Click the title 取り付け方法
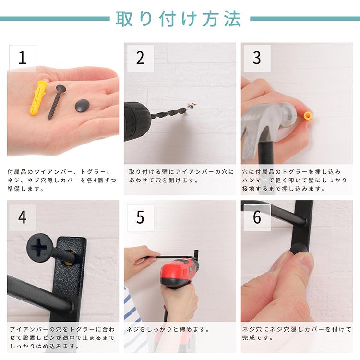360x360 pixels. click(178, 19)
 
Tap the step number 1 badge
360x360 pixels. click(22, 58)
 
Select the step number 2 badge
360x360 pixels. click(140, 58)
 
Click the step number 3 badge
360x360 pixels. click(257, 58)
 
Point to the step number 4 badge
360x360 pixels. click(22, 217)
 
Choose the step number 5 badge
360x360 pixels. click(140, 217)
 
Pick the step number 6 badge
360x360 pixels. click(257, 217)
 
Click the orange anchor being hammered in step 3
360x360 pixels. click(308, 116)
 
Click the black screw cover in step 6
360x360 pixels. click(297, 252)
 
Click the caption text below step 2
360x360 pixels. click(180, 176)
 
